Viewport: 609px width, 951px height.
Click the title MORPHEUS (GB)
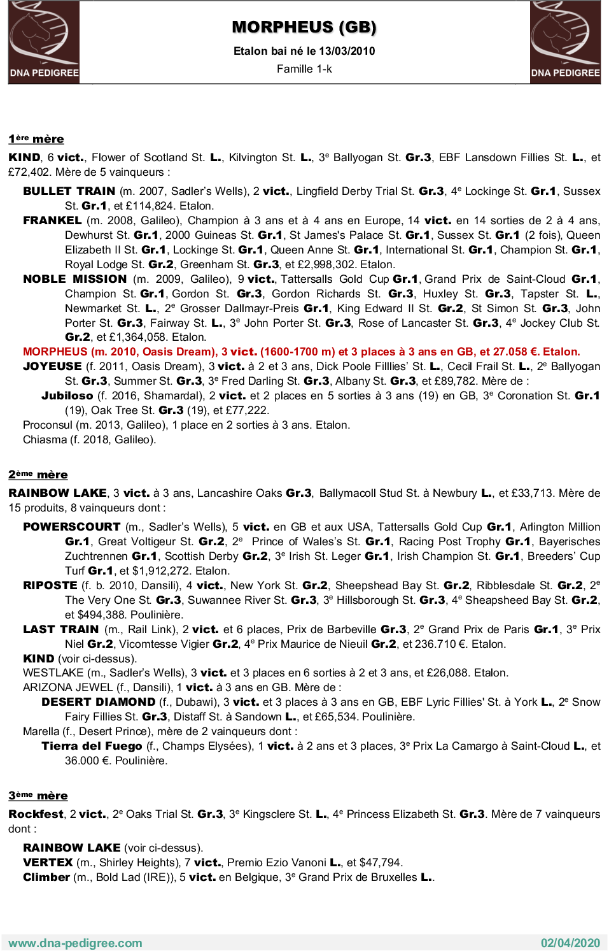coord(304,27)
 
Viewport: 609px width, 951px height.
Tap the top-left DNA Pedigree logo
coord(44,42)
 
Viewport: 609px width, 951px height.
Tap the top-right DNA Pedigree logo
coord(565,42)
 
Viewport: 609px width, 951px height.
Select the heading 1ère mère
coord(36,139)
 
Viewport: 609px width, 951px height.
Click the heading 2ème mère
coord(38,475)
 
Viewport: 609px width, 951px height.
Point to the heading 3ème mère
coord(38,796)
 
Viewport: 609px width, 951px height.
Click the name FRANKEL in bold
coord(52,220)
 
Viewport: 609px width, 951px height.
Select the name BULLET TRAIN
coord(69,191)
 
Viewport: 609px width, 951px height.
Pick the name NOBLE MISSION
coord(74,279)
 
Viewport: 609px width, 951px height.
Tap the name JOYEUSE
coord(52,366)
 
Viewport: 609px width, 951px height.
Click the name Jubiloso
coord(67,396)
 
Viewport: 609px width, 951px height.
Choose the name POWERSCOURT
coord(71,527)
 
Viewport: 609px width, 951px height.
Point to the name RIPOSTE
coord(50,585)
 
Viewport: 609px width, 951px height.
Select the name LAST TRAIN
coord(60,629)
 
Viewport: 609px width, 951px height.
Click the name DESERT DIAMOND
coord(98,702)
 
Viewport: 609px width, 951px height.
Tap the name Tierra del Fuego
coord(92,746)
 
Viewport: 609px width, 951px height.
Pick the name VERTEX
coord(48,862)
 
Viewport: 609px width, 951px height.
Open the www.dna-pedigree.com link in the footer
coord(75,943)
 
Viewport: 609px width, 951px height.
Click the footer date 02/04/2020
coord(570,943)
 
